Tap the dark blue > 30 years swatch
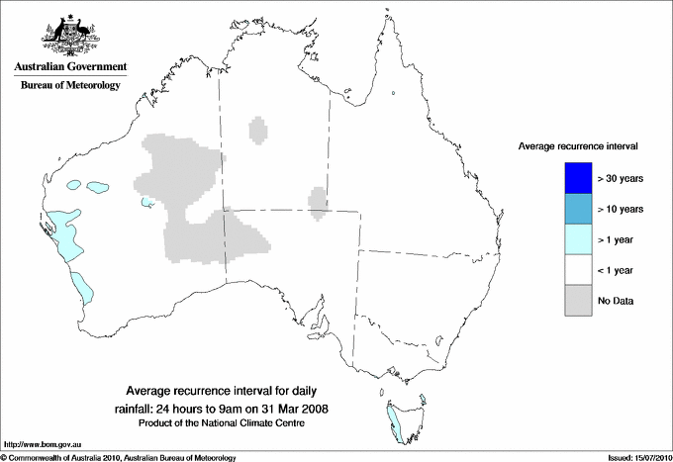576,177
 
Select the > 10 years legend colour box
576,209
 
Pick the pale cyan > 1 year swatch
576,238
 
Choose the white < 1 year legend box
576,269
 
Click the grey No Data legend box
576,300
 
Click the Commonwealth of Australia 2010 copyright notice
119,457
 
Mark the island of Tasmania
405,415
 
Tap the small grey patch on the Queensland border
319,200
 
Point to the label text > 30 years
621,178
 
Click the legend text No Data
616,301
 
